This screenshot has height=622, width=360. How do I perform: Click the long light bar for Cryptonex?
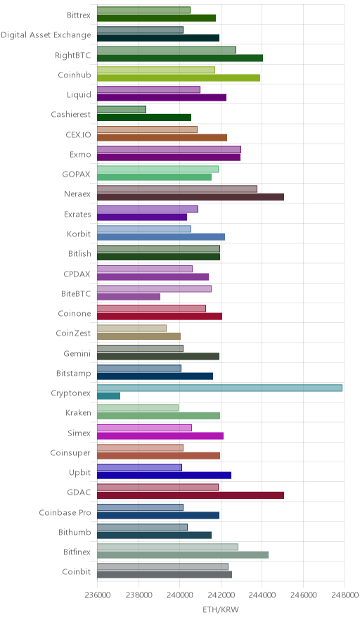(x=219, y=388)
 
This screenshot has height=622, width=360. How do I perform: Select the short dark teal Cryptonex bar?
(x=109, y=396)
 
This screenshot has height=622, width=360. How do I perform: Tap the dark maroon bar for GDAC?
(x=191, y=495)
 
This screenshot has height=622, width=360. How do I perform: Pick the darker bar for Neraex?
(x=191, y=197)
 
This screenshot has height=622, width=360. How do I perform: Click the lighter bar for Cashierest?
(x=122, y=110)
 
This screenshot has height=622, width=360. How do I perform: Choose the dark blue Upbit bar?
(x=164, y=475)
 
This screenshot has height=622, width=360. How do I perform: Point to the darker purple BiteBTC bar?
(x=129, y=297)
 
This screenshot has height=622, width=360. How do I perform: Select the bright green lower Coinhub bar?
(x=179, y=77)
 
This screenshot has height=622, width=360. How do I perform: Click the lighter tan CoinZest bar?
(x=131, y=329)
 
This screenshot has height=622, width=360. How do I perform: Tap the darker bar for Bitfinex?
(x=183, y=555)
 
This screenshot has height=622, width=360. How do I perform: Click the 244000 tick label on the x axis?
(x=262, y=595)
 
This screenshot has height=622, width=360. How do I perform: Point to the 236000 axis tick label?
(x=97, y=595)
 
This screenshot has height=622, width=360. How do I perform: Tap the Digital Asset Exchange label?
(x=46, y=35)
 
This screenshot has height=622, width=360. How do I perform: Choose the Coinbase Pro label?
(x=65, y=512)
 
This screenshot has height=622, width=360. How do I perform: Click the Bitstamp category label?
(x=74, y=374)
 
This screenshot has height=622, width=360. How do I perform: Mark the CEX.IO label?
(x=78, y=134)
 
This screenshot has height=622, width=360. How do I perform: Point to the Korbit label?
(x=79, y=234)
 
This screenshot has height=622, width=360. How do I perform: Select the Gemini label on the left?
(x=77, y=353)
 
